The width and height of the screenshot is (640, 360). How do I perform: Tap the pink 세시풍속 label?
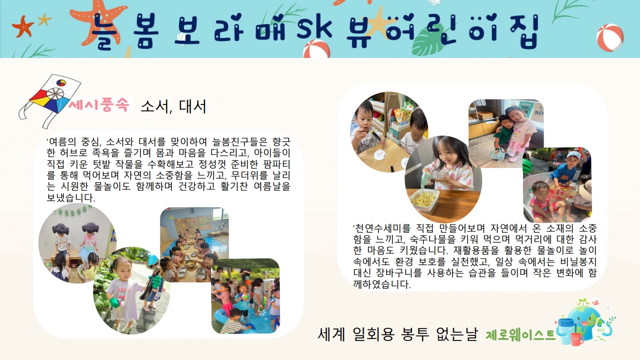(x=99, y=104)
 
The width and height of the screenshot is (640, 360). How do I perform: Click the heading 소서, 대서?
(x=173, y=106)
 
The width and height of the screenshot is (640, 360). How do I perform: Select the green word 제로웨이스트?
(x=520, y=335)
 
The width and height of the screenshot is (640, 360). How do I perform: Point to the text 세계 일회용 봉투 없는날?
(x=397, y=334)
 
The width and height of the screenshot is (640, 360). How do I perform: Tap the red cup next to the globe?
(x=577, y=339)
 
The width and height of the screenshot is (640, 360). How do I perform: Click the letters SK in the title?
(x=314, y=28)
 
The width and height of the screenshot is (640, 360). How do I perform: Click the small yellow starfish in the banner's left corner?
(x=44, y=19)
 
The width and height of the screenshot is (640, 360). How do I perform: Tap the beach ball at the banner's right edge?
(x=610, y=37)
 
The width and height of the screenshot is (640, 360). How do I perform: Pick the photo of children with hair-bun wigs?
(x=77, y=243)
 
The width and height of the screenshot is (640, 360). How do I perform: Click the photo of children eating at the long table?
(x=194, y=244)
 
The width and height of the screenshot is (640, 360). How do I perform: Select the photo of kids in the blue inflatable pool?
(x=245, y=296)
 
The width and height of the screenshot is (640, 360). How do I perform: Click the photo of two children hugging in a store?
(x=506, y=133)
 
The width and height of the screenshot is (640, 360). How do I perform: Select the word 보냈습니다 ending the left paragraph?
(x=71, y=197)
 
